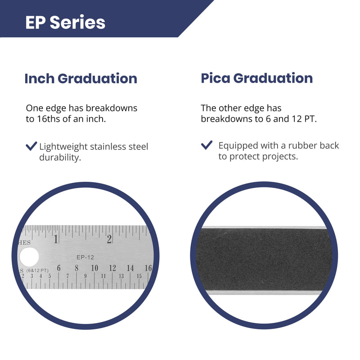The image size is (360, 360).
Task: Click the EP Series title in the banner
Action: pos(65,22)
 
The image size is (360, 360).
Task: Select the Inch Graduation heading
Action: pos(81,79)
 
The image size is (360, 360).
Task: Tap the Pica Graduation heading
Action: pos(256,78)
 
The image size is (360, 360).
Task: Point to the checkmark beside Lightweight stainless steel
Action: pos(31,146)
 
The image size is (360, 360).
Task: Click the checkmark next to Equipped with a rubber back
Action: pos(207,145)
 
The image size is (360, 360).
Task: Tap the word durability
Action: pos(60,158)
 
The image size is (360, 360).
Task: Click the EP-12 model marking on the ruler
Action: pos(85,257)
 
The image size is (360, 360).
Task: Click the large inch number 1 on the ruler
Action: pos(56,239)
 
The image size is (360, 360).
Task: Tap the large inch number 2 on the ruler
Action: pos(109,239)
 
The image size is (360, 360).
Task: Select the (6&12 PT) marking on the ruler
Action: pos(37,270)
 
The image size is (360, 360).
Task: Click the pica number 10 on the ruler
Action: pos(94,268)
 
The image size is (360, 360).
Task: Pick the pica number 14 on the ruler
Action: pos(130,268)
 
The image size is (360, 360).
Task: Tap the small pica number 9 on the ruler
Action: pos(85,276)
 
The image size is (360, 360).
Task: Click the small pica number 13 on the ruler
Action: pos(121,276)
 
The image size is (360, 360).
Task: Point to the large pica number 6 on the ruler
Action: pos(58,268)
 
